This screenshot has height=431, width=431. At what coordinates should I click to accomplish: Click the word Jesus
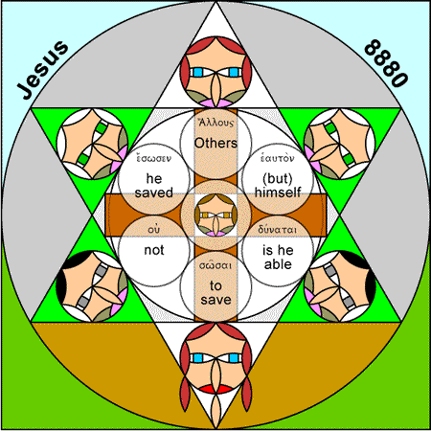(42, 69)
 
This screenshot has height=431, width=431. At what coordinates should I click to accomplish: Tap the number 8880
(387, 63)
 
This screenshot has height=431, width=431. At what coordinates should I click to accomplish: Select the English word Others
(215, 143)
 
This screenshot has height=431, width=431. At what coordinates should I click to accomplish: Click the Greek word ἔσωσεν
(154, 158)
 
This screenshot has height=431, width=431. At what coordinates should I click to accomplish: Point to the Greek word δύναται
(278, 229)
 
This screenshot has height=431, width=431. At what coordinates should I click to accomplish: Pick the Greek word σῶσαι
(215, 265)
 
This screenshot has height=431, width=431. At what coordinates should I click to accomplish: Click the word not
(154, 250)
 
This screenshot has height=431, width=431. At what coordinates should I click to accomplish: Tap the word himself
(278, 193)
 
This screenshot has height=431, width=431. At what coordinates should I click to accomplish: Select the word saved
(154, 193)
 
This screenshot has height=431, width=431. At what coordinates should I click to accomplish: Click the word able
(278, 264)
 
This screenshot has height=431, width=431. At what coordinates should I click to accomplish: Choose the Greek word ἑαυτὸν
(277, 158)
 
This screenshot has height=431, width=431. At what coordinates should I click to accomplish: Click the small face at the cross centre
(215, 215)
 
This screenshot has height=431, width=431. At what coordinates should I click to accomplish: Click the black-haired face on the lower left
(92, 286)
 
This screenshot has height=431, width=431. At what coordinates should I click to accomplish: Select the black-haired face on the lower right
(340, 286)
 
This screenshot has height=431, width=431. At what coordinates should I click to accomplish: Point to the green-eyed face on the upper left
(92, 144)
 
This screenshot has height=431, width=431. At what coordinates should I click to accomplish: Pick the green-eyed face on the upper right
(340, 144)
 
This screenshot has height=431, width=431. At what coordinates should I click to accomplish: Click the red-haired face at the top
(215, 72)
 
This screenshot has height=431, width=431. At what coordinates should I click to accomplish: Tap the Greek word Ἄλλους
(215, 123)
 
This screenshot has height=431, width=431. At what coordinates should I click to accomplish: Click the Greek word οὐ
(154, 230)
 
